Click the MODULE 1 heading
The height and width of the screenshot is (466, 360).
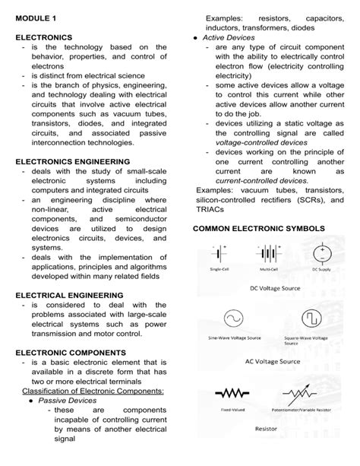[35, 17]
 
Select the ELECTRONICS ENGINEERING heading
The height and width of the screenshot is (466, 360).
[74, 161]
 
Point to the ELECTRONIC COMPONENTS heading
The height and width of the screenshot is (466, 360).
[71, 353]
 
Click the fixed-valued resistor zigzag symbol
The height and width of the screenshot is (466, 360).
[232, 395]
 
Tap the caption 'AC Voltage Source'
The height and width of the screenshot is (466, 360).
[274, 362]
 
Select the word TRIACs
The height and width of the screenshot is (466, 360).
[210, 208]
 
